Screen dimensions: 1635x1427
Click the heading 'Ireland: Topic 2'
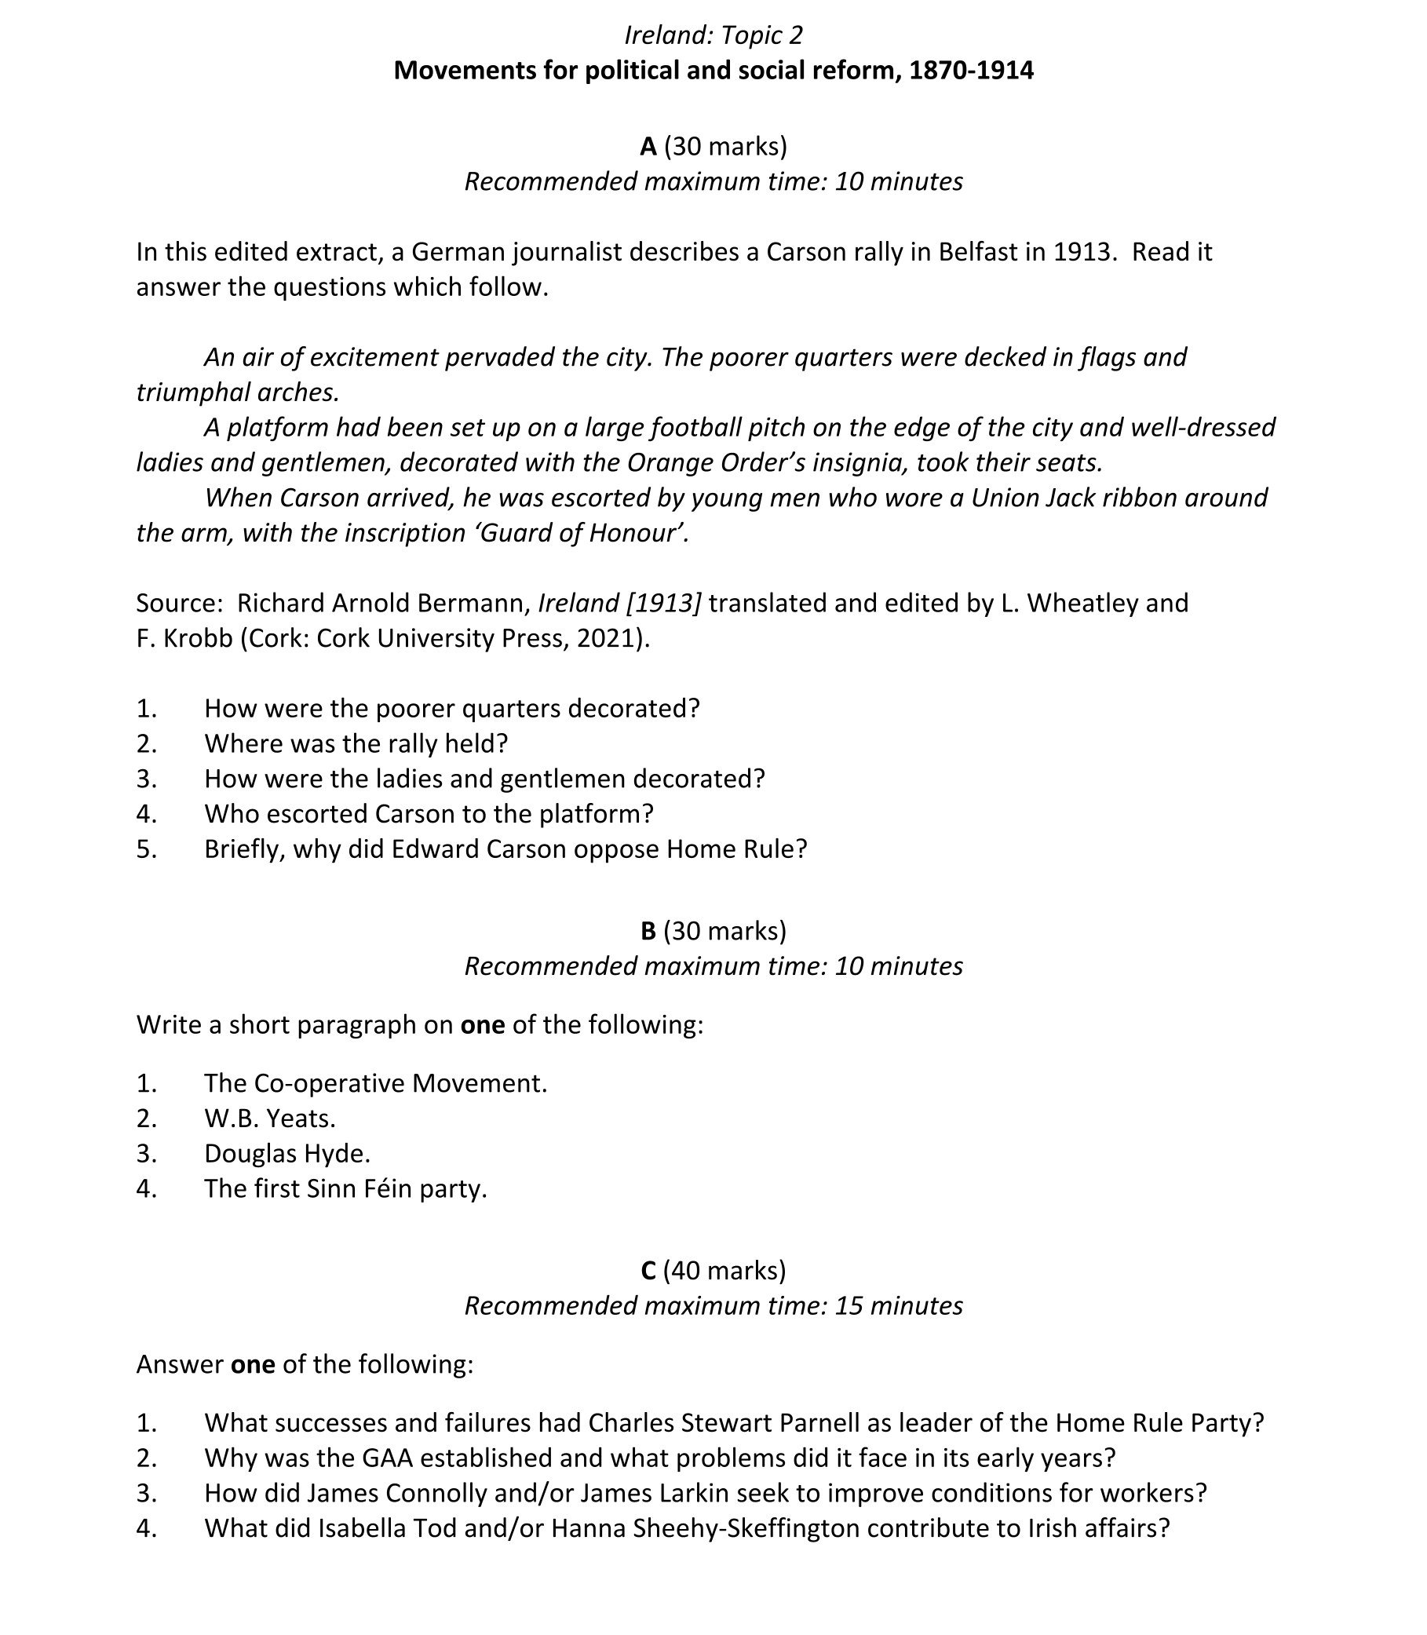pos(713,35)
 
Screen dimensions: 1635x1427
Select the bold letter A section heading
pos(648,147)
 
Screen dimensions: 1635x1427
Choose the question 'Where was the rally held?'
pos(356,744)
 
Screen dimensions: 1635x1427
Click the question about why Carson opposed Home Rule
pos(505,849)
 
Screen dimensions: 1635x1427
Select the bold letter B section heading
pos(648,931)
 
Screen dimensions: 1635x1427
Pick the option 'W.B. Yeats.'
pos(270,1119)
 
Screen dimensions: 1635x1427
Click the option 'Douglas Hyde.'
pos(286,1153)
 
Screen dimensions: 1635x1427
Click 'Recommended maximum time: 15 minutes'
pos(713,1306)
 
